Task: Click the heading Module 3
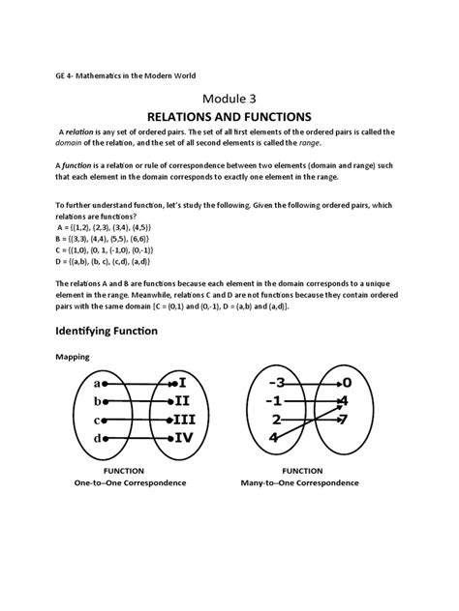(x=229, y=98)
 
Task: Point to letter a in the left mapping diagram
(x=96, y=382)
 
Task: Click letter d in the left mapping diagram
(x=96, y=437)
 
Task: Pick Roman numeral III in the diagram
(x=183, y=419)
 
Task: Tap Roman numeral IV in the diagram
(x=182, y=437)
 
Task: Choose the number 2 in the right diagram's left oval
(x=278, y=420)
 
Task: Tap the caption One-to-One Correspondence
(x=130, y=480)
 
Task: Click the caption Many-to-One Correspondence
(x=306, y=480)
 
